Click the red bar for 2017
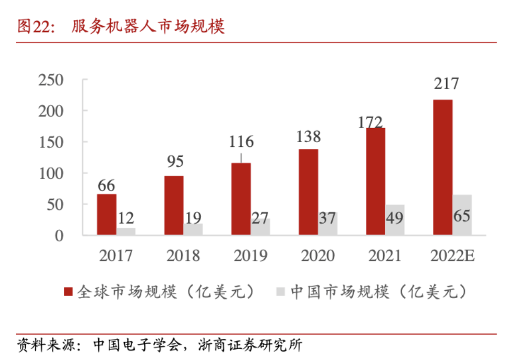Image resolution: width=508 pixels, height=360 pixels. tap(107, 214)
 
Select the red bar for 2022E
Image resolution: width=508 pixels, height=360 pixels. tap(443, 167)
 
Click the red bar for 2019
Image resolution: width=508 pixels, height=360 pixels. tap(241, 199)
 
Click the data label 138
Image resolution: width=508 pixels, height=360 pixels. tap(308, 136)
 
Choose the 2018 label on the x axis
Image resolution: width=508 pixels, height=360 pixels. tap(183, 256)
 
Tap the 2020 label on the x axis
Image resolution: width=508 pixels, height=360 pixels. tap(317, 256)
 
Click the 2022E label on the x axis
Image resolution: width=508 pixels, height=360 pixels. tap(452, 256)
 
